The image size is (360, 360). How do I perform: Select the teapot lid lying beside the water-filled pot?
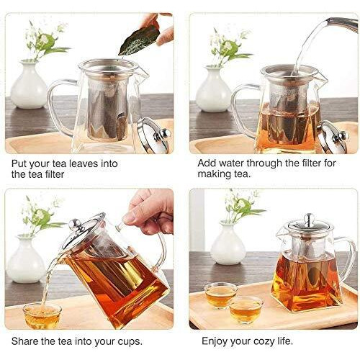tap(332, 137)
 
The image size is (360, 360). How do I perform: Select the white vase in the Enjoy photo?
tap(228, 245)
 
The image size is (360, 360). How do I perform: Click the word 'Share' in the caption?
tap(27, 341)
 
